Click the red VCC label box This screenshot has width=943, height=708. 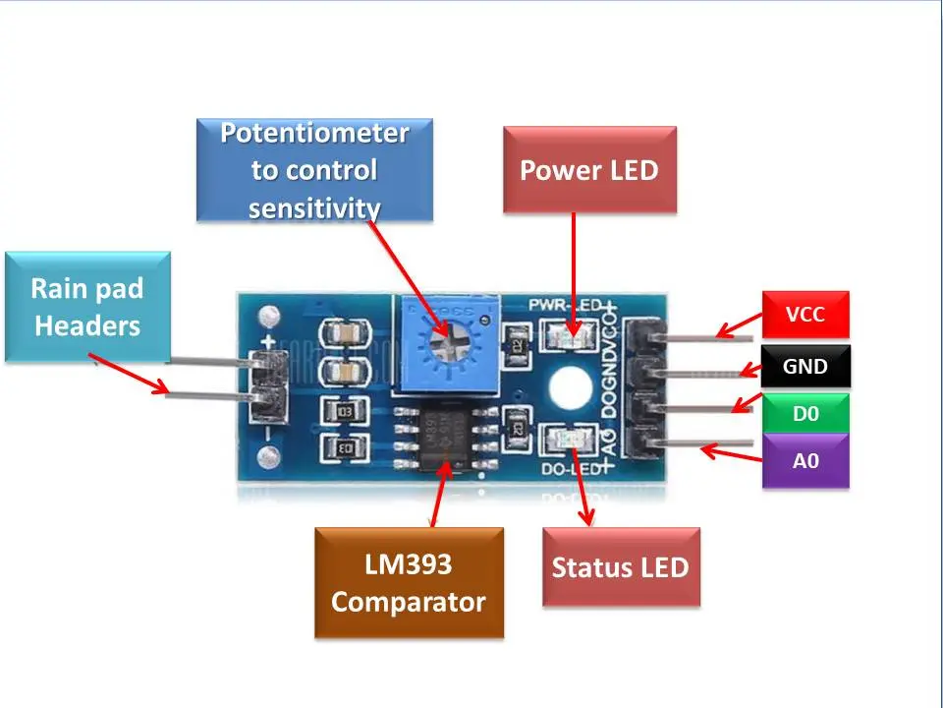tap(805, 315)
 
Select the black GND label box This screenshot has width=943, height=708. tap(805, 367)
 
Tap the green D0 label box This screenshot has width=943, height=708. tap(805, 414)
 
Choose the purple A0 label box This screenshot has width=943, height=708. tap(805, 459)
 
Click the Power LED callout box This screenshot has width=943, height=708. tap(589, 169)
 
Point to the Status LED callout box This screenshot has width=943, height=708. tap(621, 567)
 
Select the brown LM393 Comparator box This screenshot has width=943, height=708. tap(409, 583)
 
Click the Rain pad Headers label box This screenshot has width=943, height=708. tap(87, 306)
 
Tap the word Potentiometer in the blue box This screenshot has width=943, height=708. tap(314, 133)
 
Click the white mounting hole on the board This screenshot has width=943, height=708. tap(569, 384)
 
